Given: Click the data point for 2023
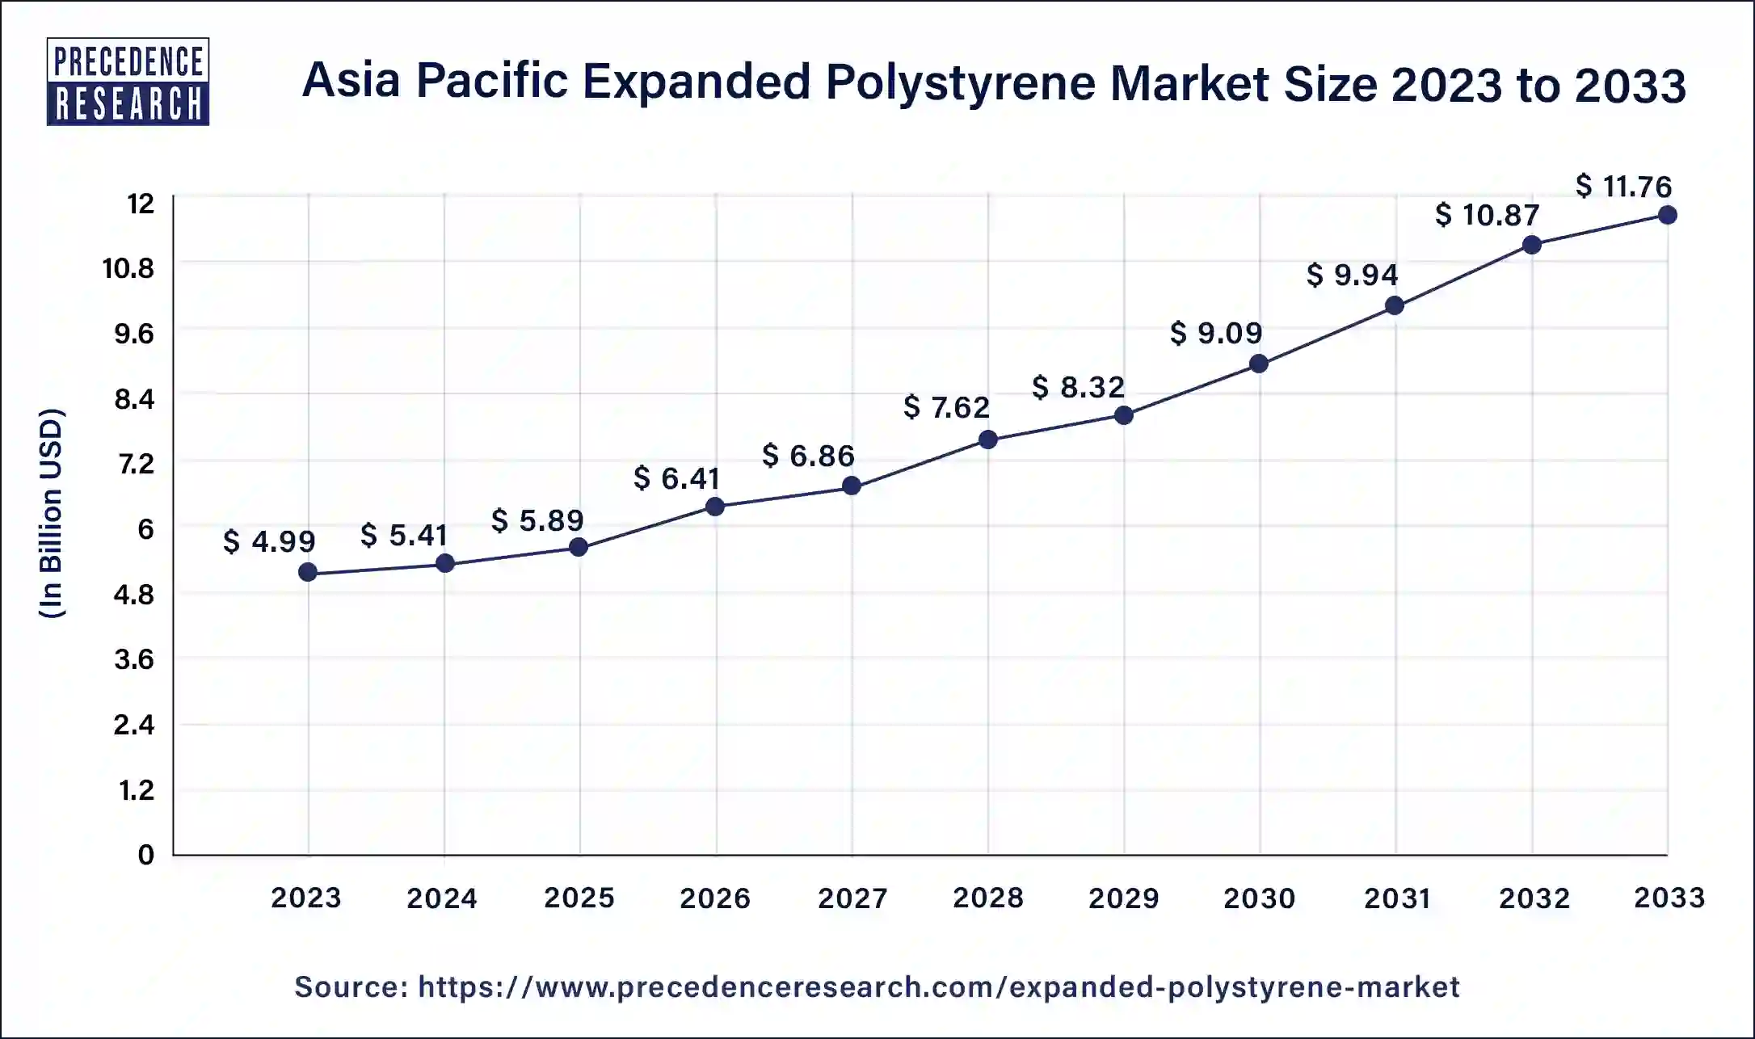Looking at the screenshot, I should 308,573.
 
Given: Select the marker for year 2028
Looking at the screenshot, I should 987,440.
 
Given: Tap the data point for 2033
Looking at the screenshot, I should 1667,215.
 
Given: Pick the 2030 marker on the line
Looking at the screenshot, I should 1259,364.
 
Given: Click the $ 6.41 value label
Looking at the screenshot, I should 676,479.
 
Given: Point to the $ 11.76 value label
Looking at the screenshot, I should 1623,187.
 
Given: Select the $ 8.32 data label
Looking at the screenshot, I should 1078,388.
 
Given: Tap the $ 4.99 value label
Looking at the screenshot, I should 269,541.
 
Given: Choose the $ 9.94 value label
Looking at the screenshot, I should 1352,276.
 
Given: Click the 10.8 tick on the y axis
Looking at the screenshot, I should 128,268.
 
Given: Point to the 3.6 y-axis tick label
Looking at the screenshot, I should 133,660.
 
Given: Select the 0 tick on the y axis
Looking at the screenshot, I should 145,855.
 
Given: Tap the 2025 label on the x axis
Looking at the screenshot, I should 579,898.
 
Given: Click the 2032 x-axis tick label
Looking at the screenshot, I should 1534,898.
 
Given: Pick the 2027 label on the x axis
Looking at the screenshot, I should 852,898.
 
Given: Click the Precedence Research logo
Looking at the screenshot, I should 128,82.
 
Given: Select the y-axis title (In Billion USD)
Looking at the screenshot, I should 51,514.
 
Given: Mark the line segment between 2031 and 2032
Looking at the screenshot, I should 1462,276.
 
